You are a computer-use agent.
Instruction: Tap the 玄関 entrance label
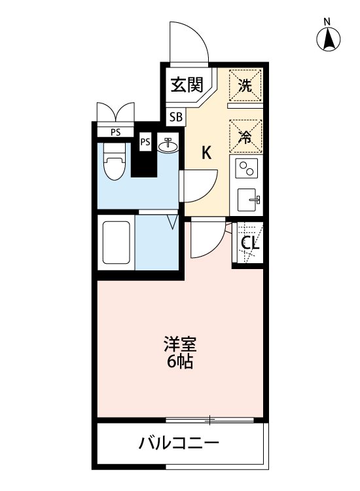click(185, 85)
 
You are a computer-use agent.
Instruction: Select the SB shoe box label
click(176, 118)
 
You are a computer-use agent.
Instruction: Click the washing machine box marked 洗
click(245, 84)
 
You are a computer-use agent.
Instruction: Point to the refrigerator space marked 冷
click(245, 137)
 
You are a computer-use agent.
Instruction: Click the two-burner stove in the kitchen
click(247, 170)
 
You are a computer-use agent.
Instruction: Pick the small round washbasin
click(168, 144)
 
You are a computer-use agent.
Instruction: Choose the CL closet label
click(249, 244)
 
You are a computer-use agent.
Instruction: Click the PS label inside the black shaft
click(145, 142)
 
